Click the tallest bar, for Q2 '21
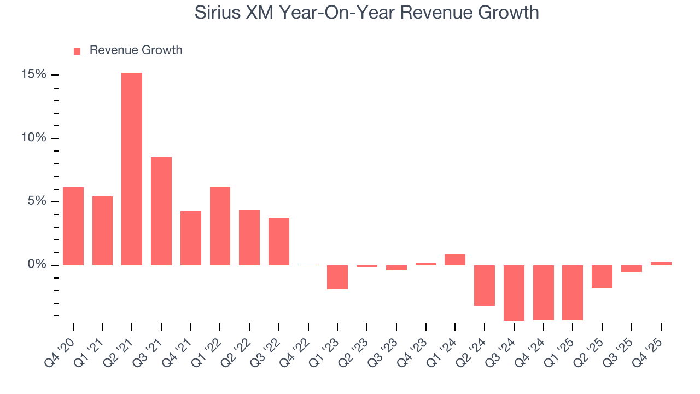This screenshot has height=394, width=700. pos(132,169)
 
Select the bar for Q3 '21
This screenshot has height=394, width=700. pos(161,211)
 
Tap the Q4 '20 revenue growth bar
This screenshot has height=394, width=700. pos(73,226)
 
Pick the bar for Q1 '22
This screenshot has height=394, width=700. pos(220,226)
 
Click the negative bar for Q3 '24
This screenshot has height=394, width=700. pos(514,293)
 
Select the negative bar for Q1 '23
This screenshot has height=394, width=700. pos(337,277)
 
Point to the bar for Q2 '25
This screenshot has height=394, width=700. pos(602,277)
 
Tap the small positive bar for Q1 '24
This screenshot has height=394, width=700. pos(455,260)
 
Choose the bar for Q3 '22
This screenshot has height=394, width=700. pos(279,241)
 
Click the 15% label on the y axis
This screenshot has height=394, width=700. pos(34,74)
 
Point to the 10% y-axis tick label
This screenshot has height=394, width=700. pos(34,138)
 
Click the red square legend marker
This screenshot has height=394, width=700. pos(77,51)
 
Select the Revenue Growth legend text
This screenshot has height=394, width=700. pos(136,50)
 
